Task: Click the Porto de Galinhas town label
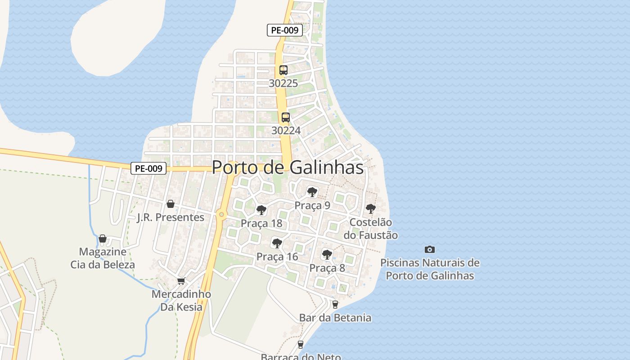coord(288,167)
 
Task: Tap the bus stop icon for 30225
coord(283,70)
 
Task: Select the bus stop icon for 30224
coord(285,117)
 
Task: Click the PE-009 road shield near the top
coord(285,31)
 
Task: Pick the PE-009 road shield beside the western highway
coord(148,168)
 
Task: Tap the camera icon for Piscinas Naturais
coord(430,249)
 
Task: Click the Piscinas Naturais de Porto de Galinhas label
coord(430,269)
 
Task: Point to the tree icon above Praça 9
coord(312,192)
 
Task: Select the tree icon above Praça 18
coord(261,210)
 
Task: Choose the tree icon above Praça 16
coord(277,243)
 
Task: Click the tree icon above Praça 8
coord(327,255)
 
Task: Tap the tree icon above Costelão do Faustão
coord(370,209)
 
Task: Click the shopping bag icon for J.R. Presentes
coord(171,204)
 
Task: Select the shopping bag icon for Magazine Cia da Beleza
coord(103,238)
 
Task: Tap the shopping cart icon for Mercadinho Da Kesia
coord(181,281)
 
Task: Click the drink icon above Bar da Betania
coord(335,305)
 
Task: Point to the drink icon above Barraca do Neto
coord(301,345)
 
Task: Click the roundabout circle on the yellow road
coord(221,215)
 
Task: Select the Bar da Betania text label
coord(335,318)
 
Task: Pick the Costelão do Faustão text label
coord(371,229)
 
